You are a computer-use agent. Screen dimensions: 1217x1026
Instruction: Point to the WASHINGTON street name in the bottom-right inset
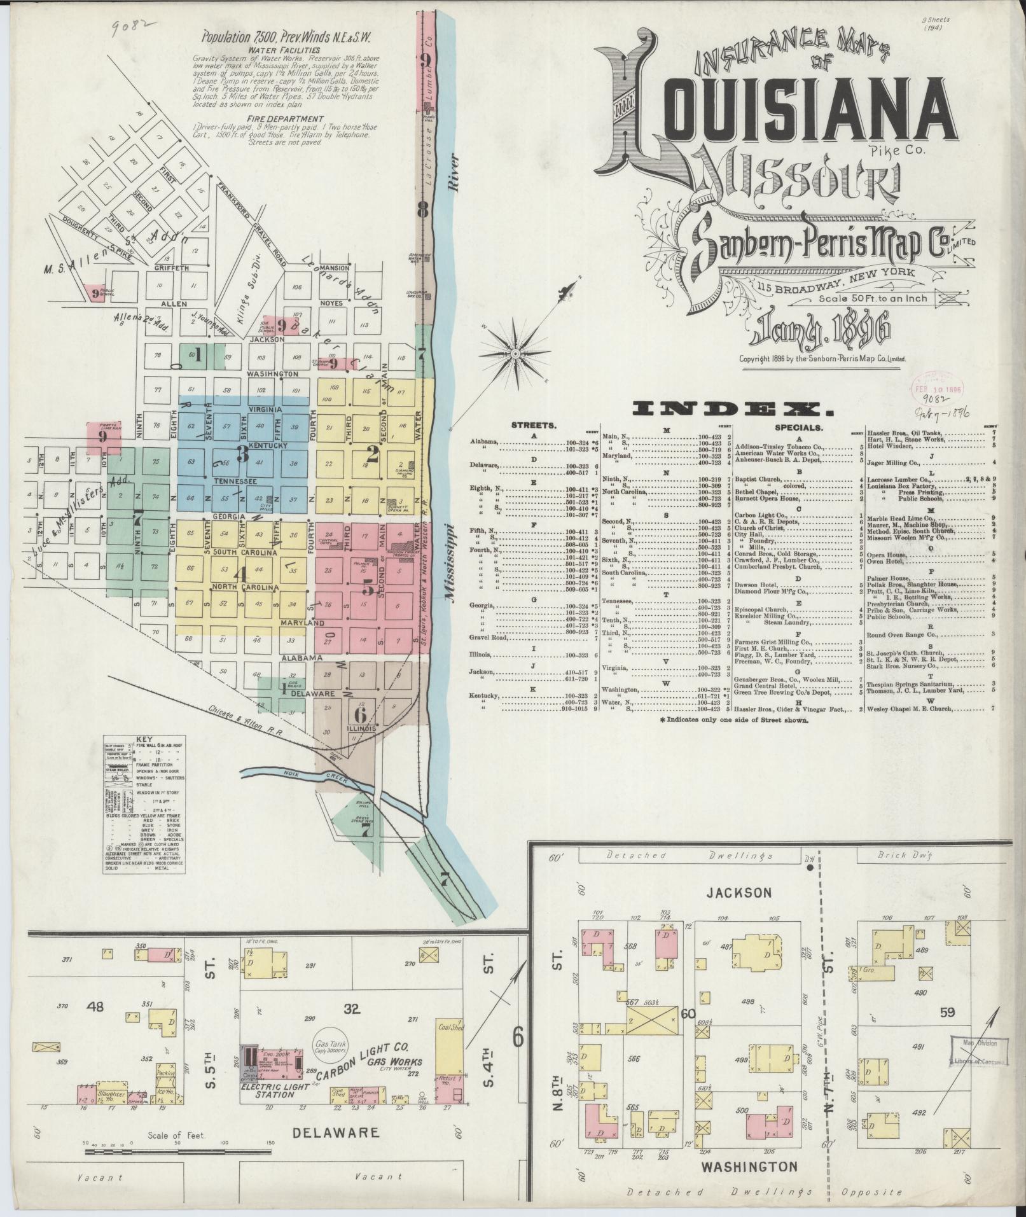749,1167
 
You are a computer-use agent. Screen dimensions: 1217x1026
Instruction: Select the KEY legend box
144,805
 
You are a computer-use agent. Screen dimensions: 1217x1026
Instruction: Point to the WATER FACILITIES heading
285,50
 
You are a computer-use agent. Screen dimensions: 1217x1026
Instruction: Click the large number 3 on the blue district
242,454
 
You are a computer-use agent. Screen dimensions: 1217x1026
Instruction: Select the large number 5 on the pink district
368,589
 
